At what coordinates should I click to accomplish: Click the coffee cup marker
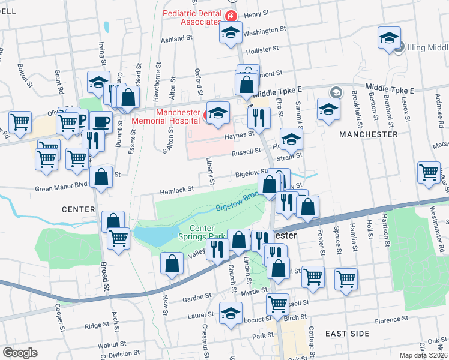[101, 121]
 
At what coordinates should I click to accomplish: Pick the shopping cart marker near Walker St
[429, 172]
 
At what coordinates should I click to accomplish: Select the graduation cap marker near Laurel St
[231, 313]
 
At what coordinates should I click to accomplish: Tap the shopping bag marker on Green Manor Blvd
[101, 177]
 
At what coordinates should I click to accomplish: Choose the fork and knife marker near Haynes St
[259, 117]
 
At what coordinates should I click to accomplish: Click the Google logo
[20, 352]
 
